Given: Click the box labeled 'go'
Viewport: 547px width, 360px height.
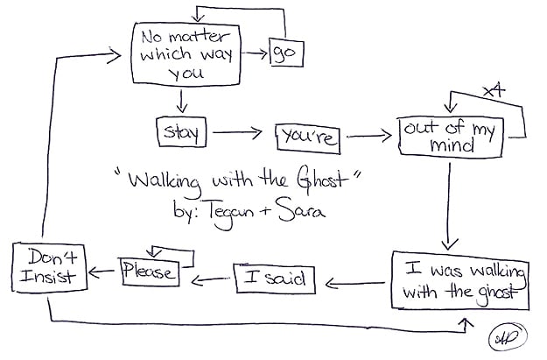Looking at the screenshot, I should (x=283, y=54).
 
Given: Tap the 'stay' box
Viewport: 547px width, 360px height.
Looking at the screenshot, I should (x=180, y=132).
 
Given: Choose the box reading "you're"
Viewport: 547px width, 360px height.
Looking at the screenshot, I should (x=306, y=136).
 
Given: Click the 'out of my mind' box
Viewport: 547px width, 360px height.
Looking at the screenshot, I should (x=448, y=136).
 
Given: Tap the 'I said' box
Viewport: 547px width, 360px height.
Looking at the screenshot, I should (x=274, y=279).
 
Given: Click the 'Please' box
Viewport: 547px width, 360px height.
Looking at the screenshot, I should (x=149, y=272).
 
